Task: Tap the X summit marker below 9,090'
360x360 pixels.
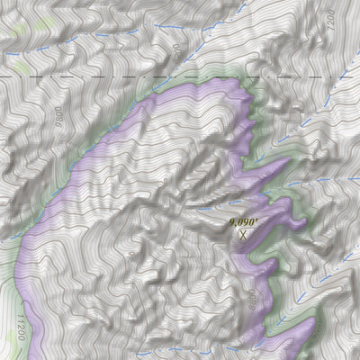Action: (x=241, y=232)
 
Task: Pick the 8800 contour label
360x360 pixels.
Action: (x=250, y=296)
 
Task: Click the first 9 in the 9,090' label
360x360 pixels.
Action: (x=231, y=219)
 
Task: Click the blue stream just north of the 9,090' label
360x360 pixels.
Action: (x=216, y=202)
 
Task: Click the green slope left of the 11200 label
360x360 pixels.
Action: (x=7, y=297)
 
